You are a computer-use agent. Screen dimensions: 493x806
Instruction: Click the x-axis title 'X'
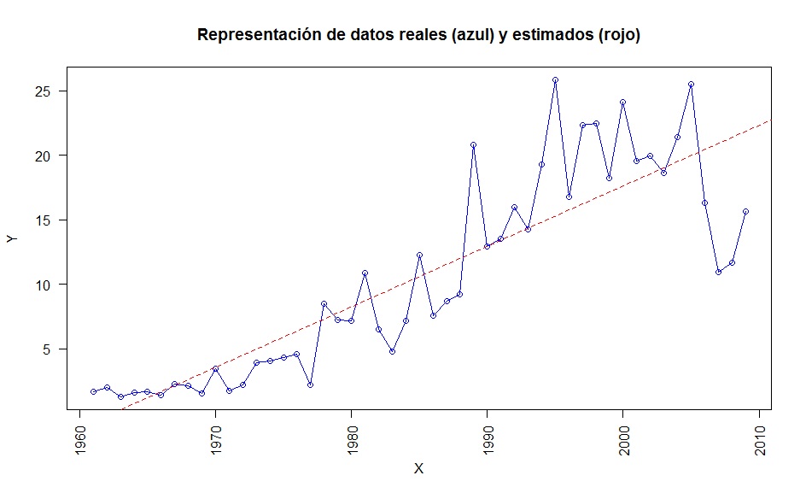pyautogui.click(x=418, y=469)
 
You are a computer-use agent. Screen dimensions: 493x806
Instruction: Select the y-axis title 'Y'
pyautogui.click(x=12, y=240)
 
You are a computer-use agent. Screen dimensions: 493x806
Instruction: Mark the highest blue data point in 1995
pyautogui.click(x=555, y=80)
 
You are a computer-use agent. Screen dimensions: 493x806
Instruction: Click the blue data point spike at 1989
pyautogui.click(x=473, y=145)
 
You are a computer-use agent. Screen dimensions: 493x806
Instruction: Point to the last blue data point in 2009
pyautogui.click(x=745, y=211)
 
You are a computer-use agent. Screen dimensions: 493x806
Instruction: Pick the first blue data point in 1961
pyautogui.click(x=93, y=391)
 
